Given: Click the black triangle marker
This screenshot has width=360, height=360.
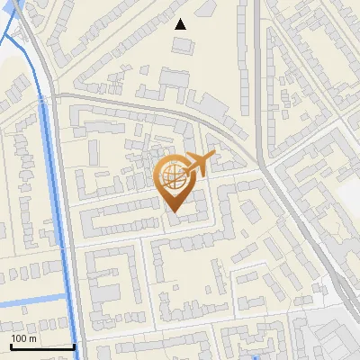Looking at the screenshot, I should tap(181, 24).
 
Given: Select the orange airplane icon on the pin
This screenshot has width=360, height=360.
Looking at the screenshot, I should tap(199, 165).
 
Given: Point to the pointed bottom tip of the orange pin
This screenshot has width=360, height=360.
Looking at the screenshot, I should tap(174, 213).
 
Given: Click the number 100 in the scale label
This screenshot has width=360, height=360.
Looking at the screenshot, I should tap(18, 338).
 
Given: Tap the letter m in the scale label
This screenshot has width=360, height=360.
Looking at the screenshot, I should tap(33, 338).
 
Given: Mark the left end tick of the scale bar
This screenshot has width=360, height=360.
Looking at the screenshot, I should tap(11, 346).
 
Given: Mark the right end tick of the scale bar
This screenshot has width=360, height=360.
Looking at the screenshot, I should tap(74, 346).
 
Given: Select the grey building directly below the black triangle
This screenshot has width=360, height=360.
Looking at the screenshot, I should tap(182, 44).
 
